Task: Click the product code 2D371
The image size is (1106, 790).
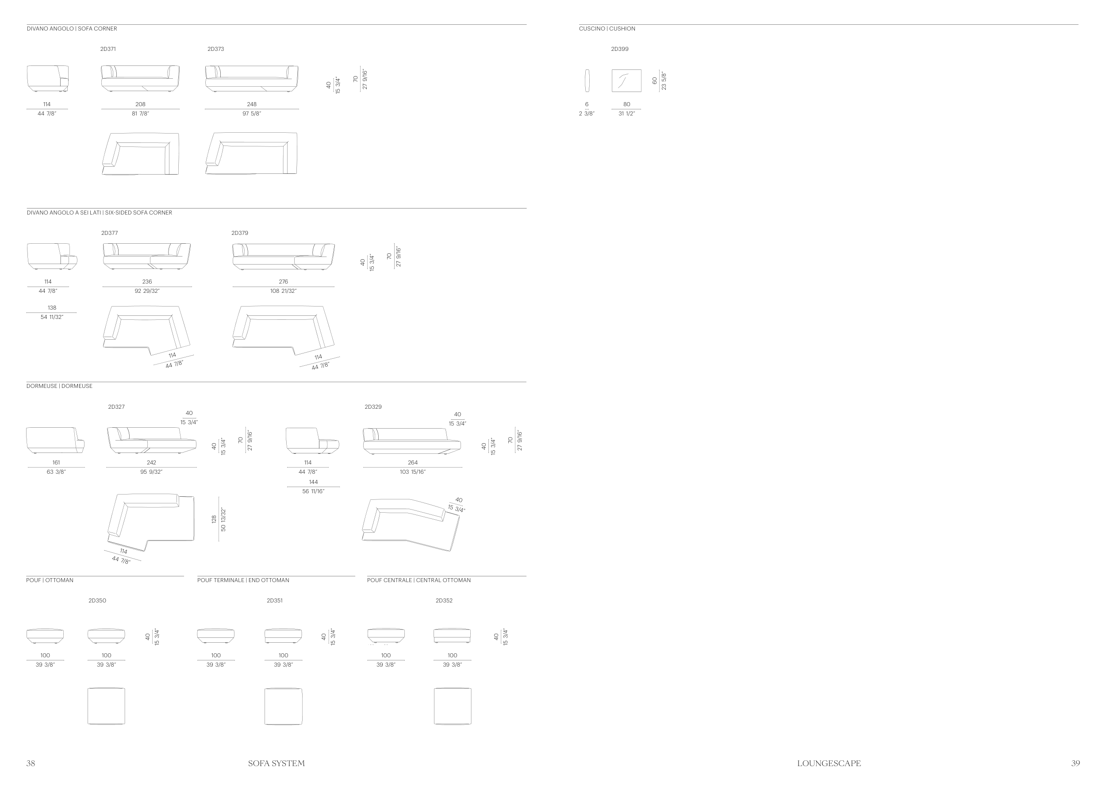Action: (x=108, y=49)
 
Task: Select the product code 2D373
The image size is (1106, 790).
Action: (x=215, y=49)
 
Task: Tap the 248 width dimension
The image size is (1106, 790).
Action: (x=252, y=104)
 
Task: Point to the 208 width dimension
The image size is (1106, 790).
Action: (x=140, y=104)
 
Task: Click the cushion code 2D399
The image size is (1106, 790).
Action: (x=619, y=49)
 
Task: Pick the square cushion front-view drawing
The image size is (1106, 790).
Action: (x=626, y=81)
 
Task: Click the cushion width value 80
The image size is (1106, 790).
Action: (x=627, y=104)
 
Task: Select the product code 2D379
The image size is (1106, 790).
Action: (x=240, y=233)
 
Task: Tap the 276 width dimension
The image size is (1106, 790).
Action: (x=283, y=282)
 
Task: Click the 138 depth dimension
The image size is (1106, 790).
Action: (x=52, y=307)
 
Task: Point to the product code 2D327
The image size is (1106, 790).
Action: (x=116, y=407)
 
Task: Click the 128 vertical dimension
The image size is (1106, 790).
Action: (x=214, y=519)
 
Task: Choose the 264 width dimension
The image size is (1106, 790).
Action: (x=413, y=463)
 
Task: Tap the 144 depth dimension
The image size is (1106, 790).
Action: (x=313, y=482)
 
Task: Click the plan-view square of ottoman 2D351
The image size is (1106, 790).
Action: (x=283, y=706)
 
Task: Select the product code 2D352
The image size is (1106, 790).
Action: (x=444, y=601)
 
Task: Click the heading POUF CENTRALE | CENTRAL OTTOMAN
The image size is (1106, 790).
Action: (x=419, y=580)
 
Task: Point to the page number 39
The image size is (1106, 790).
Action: (x=1075, y=763)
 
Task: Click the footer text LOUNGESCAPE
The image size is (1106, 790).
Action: (x=829, y=763)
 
